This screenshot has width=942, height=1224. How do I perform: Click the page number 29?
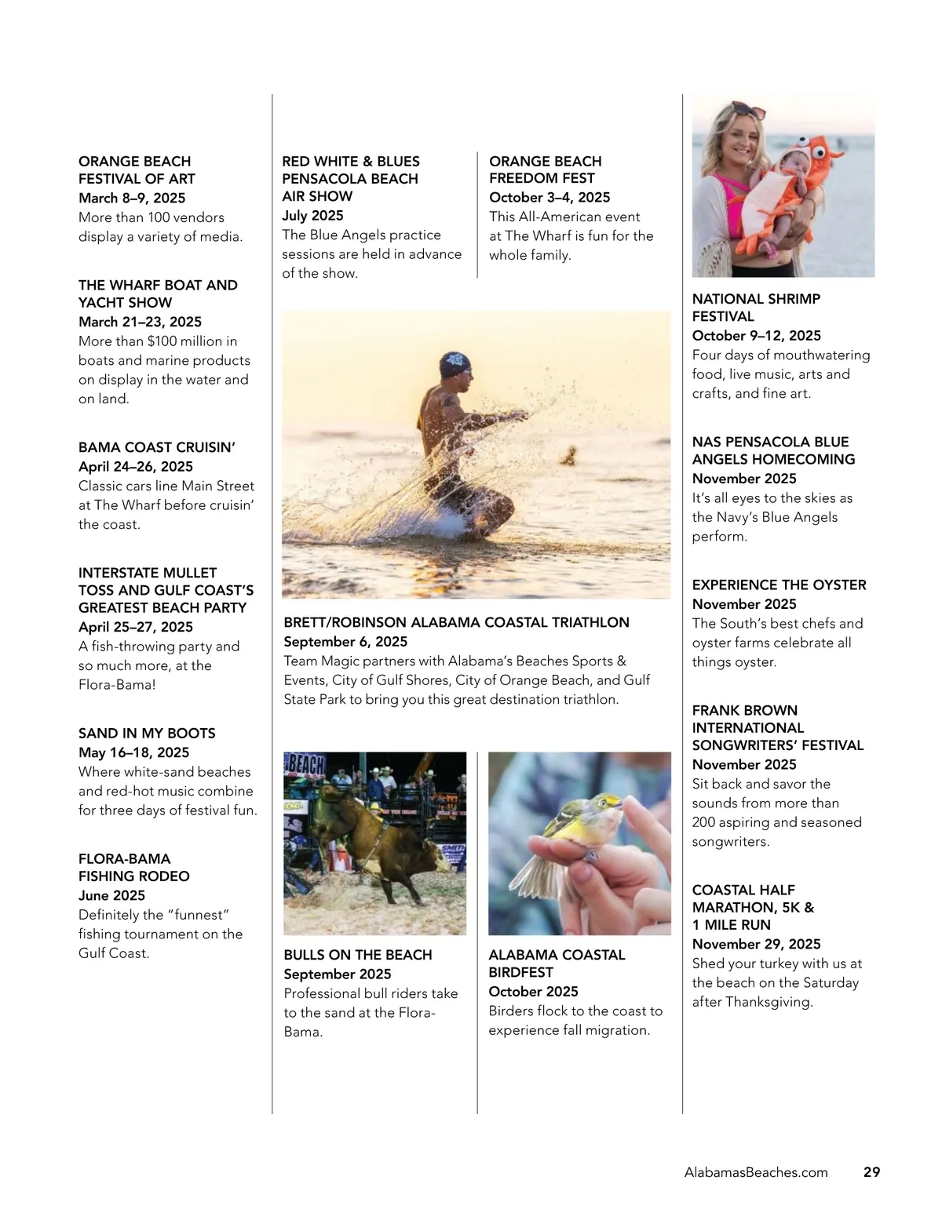point(871,1172)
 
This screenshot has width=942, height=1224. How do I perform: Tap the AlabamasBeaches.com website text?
point(756,1172)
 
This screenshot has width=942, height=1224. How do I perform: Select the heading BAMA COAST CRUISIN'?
point(157,447)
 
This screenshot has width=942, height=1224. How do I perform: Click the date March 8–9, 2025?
point(132,198)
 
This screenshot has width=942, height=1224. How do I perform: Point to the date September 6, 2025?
point(345,642)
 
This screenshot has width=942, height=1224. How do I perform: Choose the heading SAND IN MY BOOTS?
point(147,734)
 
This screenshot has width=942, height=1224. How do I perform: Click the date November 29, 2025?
point(756,944)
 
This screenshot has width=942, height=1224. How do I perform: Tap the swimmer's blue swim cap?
point(456,363)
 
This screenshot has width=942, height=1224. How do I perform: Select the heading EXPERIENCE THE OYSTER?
point(779,585)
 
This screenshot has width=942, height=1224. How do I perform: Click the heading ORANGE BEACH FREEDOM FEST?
point(546,169)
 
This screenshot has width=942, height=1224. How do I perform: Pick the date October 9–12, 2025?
point(756,336)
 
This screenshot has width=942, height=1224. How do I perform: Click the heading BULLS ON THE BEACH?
point(358,955)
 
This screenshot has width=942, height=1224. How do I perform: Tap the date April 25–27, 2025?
point(136,627)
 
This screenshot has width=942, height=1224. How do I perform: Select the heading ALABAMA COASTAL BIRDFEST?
point(557,964)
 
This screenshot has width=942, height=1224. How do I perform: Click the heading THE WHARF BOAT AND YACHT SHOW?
point(158,293)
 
